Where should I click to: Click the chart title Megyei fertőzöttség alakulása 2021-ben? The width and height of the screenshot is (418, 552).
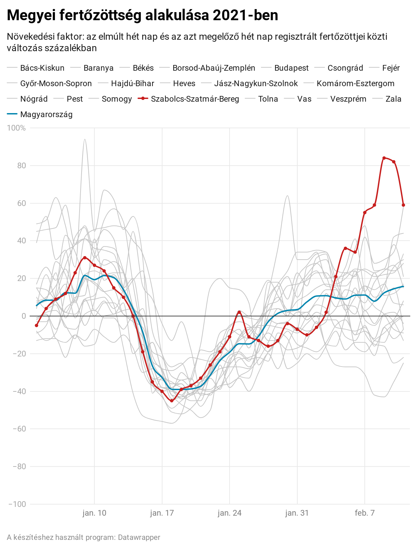tap(142, 15)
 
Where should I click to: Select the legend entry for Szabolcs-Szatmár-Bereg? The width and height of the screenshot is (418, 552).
tap(195, 99)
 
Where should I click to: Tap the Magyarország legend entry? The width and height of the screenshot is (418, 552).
tap(46, 114)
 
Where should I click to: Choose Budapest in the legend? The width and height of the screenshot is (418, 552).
tap(291, 68)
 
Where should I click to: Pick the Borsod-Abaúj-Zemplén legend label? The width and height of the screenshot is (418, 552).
tap(214, 68)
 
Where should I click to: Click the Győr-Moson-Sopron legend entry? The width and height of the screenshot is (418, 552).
tap(56, 83)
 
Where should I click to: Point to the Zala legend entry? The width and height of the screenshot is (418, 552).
tap(393, 99)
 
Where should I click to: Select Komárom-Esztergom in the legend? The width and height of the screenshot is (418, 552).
tap(355, 83)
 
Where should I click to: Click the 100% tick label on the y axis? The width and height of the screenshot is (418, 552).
tap(16, 128)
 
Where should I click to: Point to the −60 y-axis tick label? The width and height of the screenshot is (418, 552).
tap(19, 429)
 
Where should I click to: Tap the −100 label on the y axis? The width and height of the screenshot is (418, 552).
tap(17, 504)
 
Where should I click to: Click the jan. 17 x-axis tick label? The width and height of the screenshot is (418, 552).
tap(162, 513)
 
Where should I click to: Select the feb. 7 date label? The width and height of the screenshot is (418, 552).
tap(365, 513)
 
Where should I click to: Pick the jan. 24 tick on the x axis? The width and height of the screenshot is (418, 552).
tap(230, 513)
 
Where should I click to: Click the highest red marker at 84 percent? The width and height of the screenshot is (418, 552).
tap(384, 158)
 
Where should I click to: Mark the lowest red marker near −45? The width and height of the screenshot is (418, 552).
tap(172, 401)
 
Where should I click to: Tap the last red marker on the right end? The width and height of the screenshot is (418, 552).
tap(403, 205)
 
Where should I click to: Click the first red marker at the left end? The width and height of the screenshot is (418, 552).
tap(36, 325)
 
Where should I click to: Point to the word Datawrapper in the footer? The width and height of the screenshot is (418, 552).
tap(139, 538)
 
